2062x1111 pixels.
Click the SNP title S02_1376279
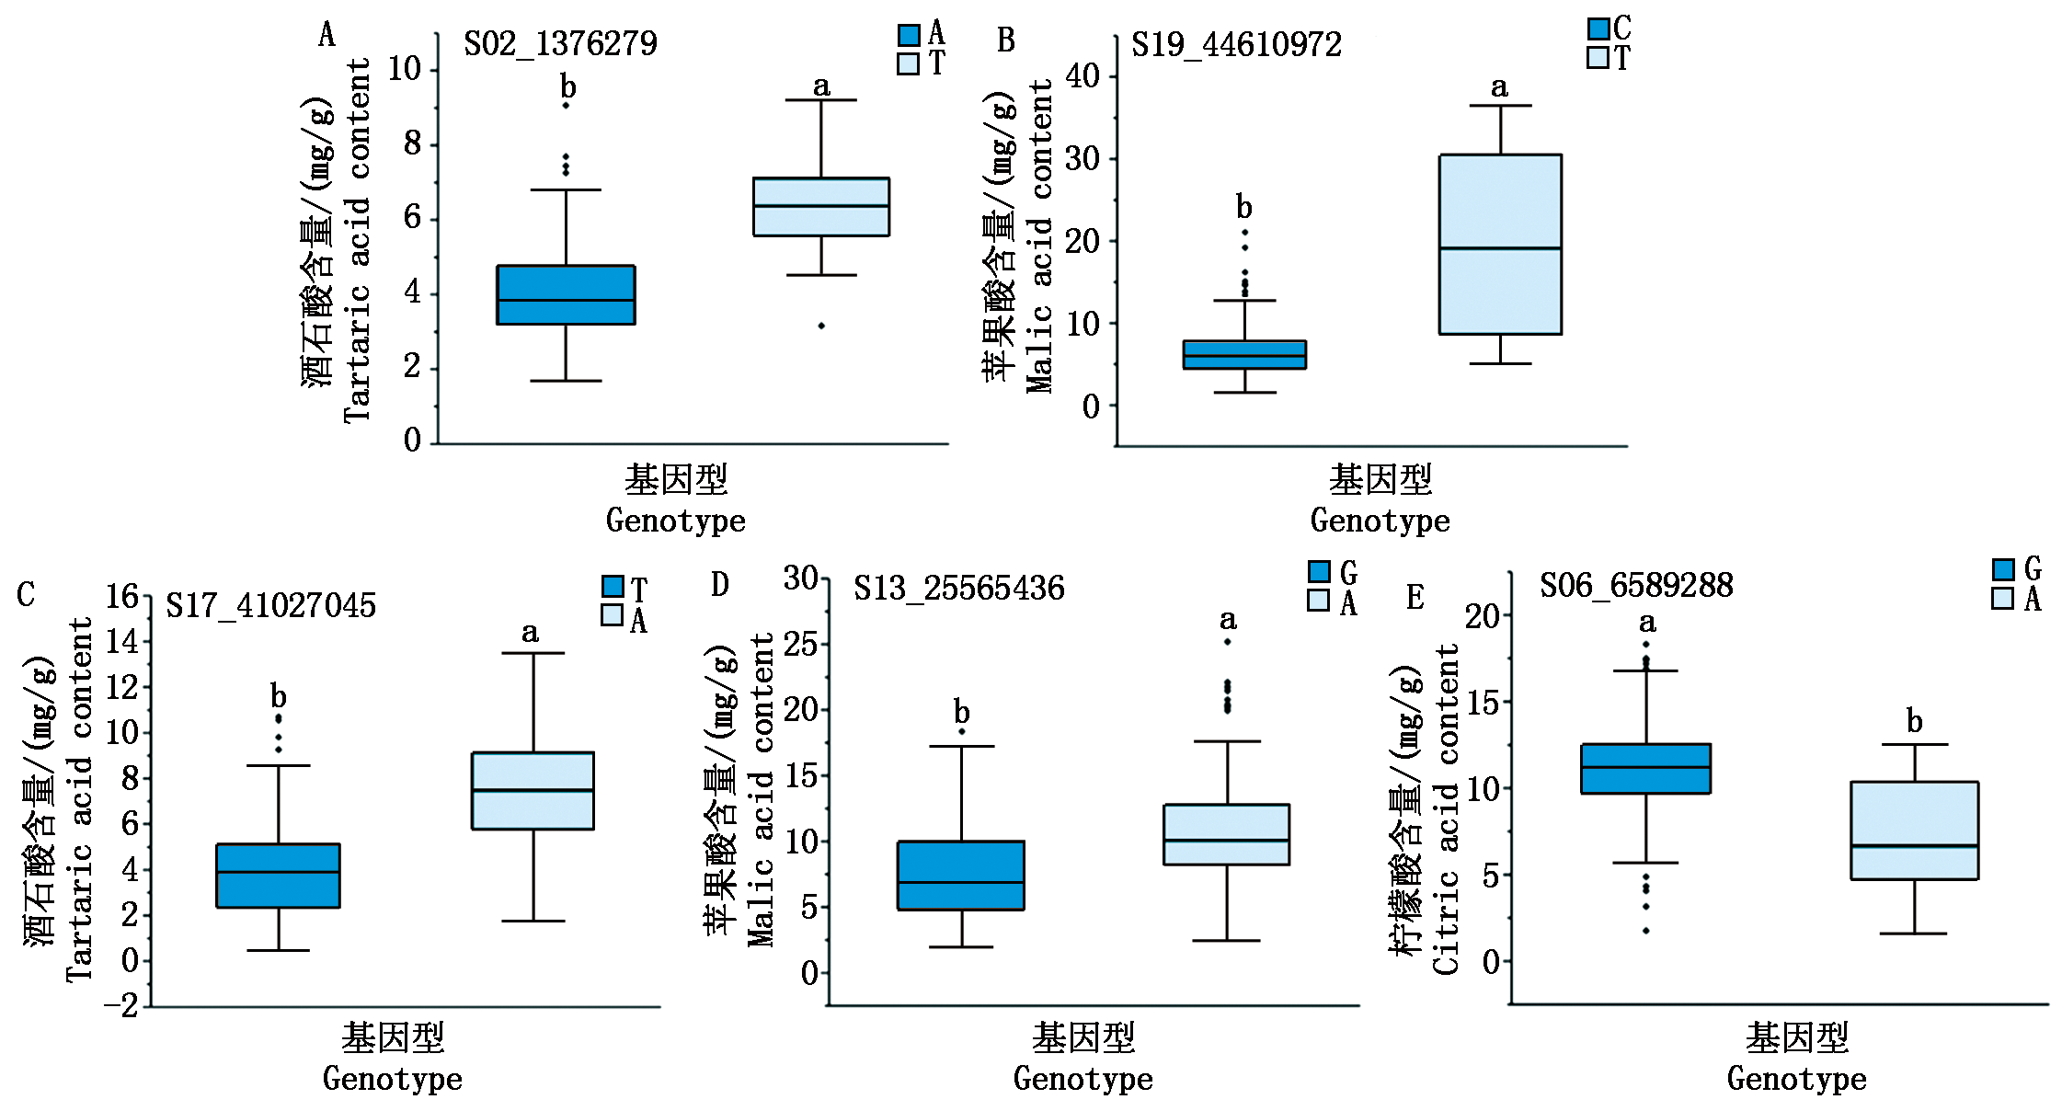point(560,44)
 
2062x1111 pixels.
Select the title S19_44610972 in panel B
point(1236,45)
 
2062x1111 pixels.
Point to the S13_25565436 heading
point(958,589)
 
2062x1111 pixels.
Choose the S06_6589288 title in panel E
point(1636,586)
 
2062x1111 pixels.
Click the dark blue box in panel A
point(566,295)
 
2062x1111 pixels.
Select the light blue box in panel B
point(1500,244)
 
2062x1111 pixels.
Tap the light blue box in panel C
point(533,791)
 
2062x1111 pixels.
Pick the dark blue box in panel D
point(961,876)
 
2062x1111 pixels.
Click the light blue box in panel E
point(1914,830)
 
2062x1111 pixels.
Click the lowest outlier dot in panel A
point(821,326)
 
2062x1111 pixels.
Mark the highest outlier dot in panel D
point(1227,642)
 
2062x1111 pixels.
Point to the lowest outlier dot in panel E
point(1645,931)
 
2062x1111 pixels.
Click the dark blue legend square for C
point(1598,29)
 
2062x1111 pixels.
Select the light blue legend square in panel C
point(612,615)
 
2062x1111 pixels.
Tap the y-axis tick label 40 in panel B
point(1083,76)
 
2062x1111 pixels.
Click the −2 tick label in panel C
point(120,1005)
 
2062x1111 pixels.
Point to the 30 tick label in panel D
point(800,578)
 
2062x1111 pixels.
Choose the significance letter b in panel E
point(1914,721)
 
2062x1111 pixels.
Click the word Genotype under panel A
point(675,521)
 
